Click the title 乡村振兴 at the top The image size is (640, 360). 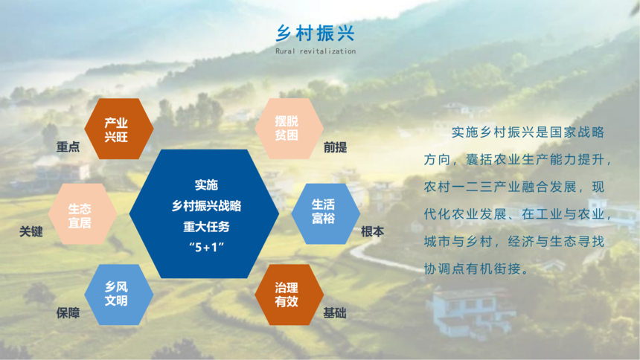(x=315, y=33)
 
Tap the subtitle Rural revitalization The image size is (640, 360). (x=316, y=51)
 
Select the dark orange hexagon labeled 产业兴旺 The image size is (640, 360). (x=119, y=129)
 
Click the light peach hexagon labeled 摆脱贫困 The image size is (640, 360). (x=289, y=128)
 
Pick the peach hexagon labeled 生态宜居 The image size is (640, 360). (x=83, y=214)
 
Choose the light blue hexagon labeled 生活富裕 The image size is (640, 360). (x=326, y=214)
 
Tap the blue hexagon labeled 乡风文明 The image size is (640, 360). (x=119, y=295)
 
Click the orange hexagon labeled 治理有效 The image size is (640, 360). (x=289, y=295)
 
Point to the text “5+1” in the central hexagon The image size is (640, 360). (x=207, y=247)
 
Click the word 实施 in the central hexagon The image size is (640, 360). (x=207, y=185)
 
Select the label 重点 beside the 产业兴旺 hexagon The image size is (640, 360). (x=68, y=147)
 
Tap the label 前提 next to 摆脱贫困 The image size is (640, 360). (x=335, y=147)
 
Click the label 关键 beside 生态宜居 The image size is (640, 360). (x=31, y=232)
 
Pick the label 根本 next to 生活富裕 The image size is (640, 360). (x=372, y=232)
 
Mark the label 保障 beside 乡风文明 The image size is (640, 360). (x=68, y=313)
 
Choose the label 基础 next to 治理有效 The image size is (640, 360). (x=335, y=313)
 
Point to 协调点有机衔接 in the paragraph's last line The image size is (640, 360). (x=473, y=269)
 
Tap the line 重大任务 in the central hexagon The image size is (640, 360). (x=207, y=227)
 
